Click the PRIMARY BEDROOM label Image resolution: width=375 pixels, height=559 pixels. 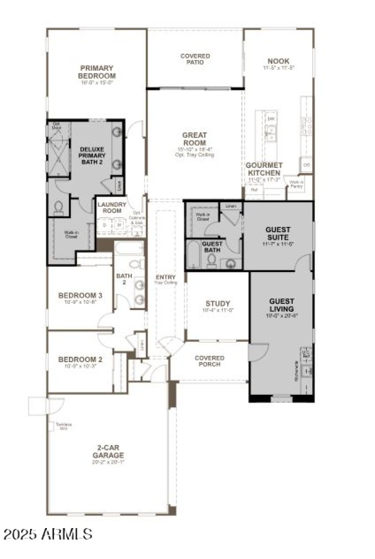[x=97, y=72]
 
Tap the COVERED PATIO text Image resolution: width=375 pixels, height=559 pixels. [x=195, y=59]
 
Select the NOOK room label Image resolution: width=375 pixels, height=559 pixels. [x=278, y=61]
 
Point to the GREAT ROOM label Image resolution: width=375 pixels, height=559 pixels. [x=195, y=139]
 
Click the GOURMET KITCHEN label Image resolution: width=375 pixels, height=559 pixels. [x=264, y=169]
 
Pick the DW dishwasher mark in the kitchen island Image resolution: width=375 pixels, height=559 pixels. [x=270, y=119]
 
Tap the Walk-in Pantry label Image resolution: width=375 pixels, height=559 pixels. [x=296, y=184]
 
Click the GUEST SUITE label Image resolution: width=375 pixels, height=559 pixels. [x=277, y=233]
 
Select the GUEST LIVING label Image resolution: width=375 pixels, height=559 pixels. [x=281, y=305]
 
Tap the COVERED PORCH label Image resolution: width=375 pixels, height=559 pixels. [x=209, y=361]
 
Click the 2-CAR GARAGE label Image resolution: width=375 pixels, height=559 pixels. [x=108, y=452]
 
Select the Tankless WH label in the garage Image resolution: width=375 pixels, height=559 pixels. [x=64, y=426]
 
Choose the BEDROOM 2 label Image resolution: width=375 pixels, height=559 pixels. [x=80, y=360]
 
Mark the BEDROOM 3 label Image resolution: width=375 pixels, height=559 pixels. [x=80, y=295]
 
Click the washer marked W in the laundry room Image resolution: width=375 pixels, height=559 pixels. [x=119, y=225]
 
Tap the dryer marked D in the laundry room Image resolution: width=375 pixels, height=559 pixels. [x=105, y=225]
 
